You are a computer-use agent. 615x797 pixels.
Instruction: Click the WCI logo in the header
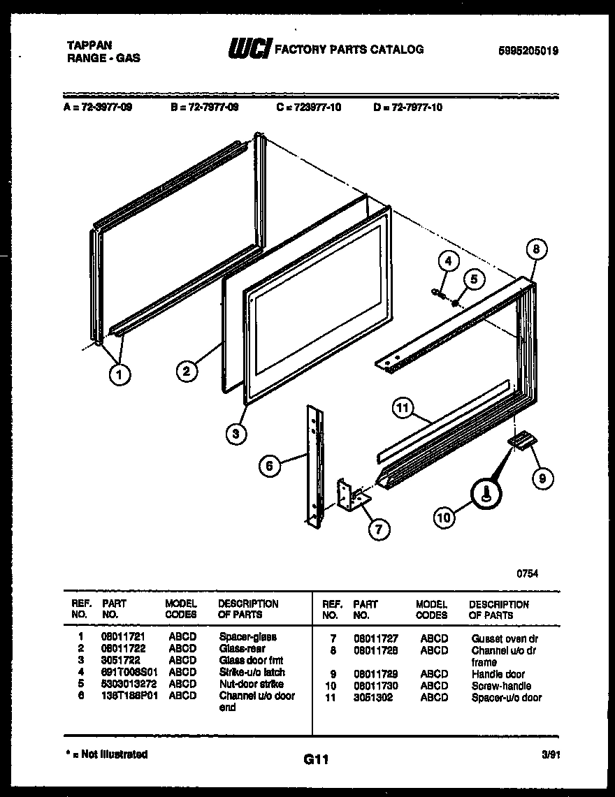pos(248,49)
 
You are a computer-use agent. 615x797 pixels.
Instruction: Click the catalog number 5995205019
pos(528,50)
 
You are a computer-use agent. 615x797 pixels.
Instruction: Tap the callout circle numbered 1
pos(120,375)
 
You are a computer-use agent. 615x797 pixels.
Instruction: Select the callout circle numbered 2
pos(186,372)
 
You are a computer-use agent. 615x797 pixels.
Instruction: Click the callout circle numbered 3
pos(236,434)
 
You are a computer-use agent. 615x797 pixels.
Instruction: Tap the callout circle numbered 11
pos(403,409)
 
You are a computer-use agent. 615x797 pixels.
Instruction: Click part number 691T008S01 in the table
pos(123,672)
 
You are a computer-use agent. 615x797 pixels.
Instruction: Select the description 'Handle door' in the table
pos(498,674)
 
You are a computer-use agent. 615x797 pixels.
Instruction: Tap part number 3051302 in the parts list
pos(373,697)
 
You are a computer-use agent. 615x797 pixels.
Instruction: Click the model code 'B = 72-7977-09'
pos(204,108)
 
